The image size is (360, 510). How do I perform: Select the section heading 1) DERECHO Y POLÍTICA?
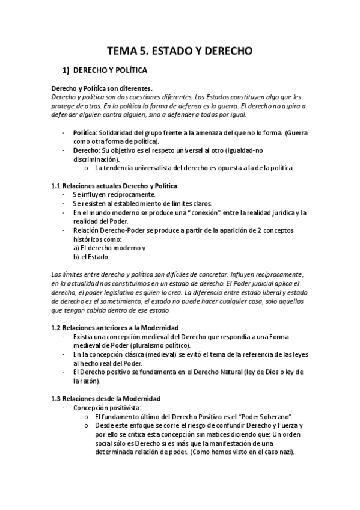[109, 70]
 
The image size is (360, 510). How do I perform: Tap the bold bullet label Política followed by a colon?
[85, 132]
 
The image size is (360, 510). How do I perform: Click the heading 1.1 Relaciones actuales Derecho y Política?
[114, 186]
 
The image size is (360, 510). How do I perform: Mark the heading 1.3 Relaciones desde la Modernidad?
[105, 399]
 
